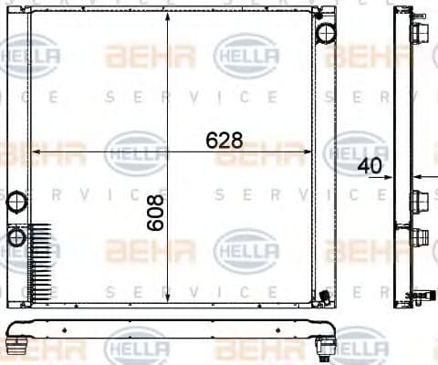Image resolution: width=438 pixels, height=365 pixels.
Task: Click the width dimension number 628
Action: click(x=224, y=140)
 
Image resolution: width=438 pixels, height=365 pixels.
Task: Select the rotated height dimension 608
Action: click(x=156, y=212)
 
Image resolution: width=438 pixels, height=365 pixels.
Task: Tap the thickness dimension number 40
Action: click(x=369, y=166)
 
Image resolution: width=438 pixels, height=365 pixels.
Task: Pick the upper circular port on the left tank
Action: click(x=16, y=202)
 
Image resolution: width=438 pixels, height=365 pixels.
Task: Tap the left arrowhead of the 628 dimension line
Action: click(x=36, y=151)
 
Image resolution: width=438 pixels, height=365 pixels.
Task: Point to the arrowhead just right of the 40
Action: click(x=416, y=175)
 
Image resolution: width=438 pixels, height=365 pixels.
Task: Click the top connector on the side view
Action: click(x=420, y=33)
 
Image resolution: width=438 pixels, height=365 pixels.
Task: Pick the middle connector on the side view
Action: click(x=420, y=201)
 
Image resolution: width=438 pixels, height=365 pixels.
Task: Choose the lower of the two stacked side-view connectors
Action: click(x=420, y=239)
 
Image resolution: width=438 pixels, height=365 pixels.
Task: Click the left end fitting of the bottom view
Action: click(x=16, y=344)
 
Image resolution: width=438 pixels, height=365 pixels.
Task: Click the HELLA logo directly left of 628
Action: click(x=136, y=151)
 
